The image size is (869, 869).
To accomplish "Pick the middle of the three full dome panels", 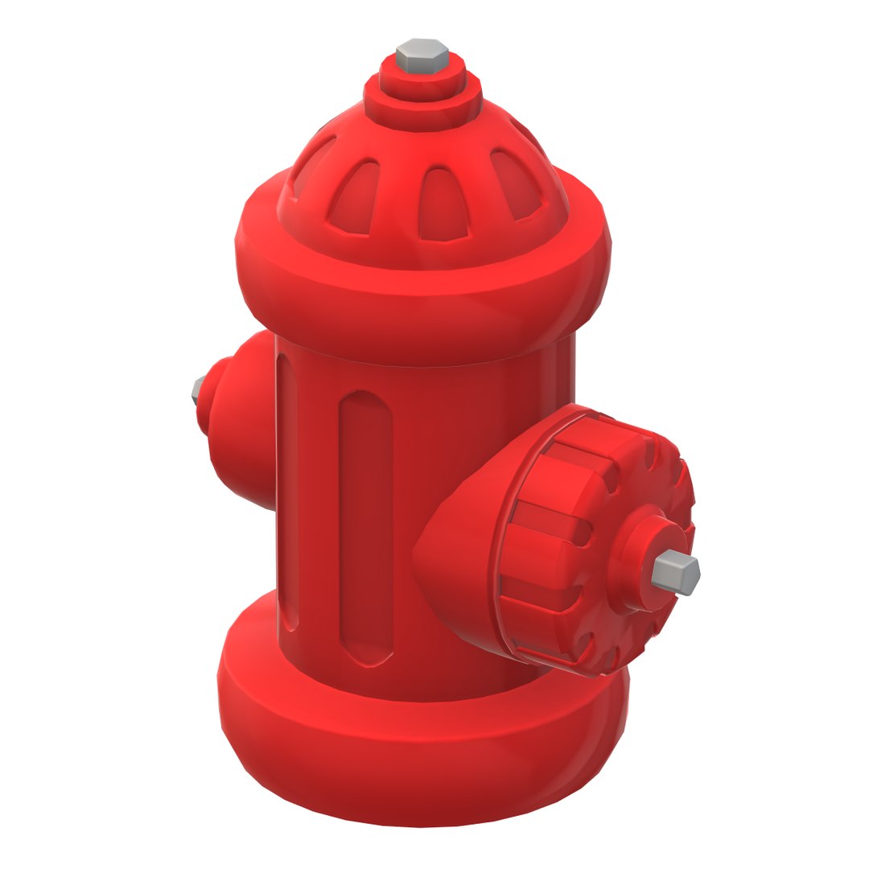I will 442,205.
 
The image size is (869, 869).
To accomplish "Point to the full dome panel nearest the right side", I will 515,185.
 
